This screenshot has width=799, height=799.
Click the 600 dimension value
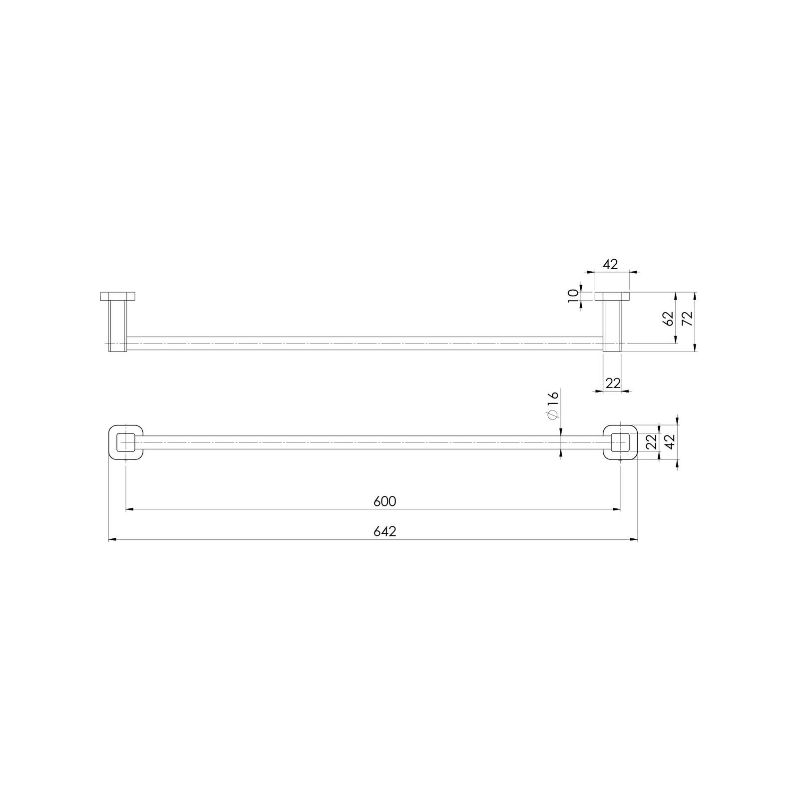385,501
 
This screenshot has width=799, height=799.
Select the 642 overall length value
385,532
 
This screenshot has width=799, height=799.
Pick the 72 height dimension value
687,318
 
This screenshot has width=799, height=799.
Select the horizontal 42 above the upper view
610,264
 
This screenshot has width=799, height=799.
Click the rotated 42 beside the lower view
670,441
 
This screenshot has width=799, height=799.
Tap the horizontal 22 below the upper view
613,383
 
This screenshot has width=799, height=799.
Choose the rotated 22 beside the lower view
651,441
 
